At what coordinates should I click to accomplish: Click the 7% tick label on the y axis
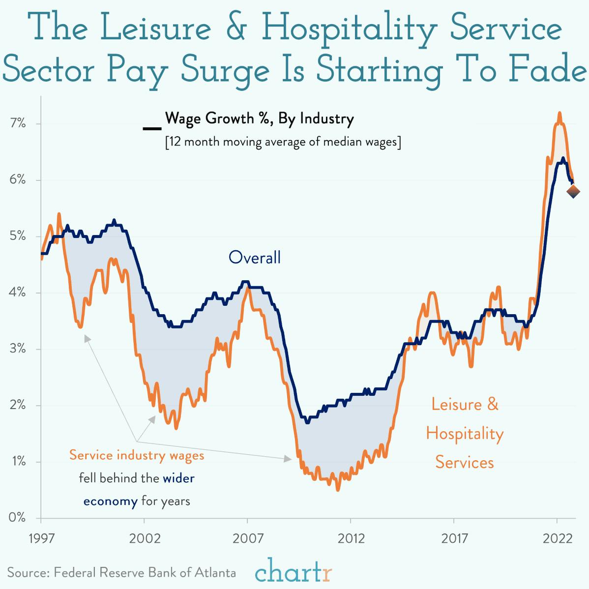click(x=17, y=123)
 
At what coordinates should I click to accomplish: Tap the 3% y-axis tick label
click(x=17, y=349)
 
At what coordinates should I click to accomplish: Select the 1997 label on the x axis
click(x=41, y=538)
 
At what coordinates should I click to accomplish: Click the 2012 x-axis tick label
click(x=351, y=538)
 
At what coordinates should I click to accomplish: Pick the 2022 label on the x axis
click(x=557, y=538)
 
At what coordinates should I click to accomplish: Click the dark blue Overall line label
click(x=255, y=257)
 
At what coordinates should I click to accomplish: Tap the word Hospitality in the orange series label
click(x=465, y=434)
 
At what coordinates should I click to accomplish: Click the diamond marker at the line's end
click(x=573, y=192)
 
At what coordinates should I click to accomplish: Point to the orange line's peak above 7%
click(x=560, y=113)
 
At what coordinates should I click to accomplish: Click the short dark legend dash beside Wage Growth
click(x=151, y=129)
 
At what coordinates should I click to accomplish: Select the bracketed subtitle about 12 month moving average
click(x=283, y=142)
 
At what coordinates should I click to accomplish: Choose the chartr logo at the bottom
click(x=294, y=571)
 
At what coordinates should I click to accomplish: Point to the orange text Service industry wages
click(x=137, y=455)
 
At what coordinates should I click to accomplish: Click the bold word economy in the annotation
click(x=110, y=501)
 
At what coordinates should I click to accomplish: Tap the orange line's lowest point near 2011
click(x=338, y=490)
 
